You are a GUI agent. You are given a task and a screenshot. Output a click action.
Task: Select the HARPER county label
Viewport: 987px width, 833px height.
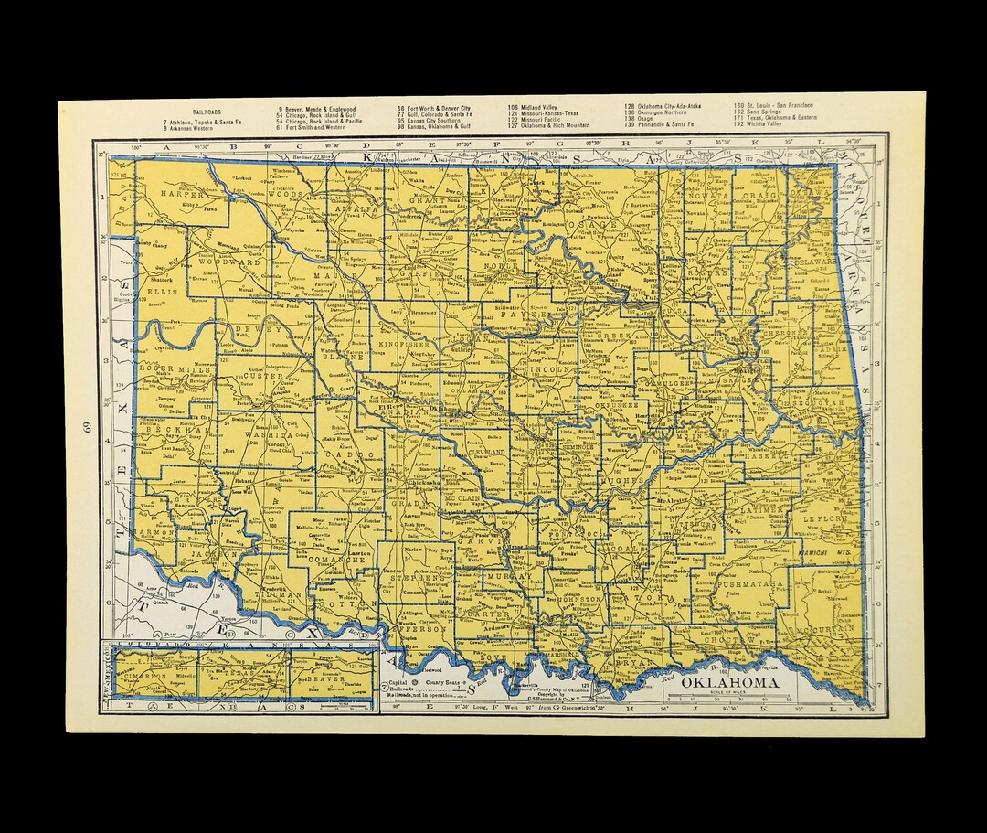point(179,195)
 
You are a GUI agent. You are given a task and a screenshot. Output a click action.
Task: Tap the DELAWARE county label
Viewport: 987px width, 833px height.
point(816,262)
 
